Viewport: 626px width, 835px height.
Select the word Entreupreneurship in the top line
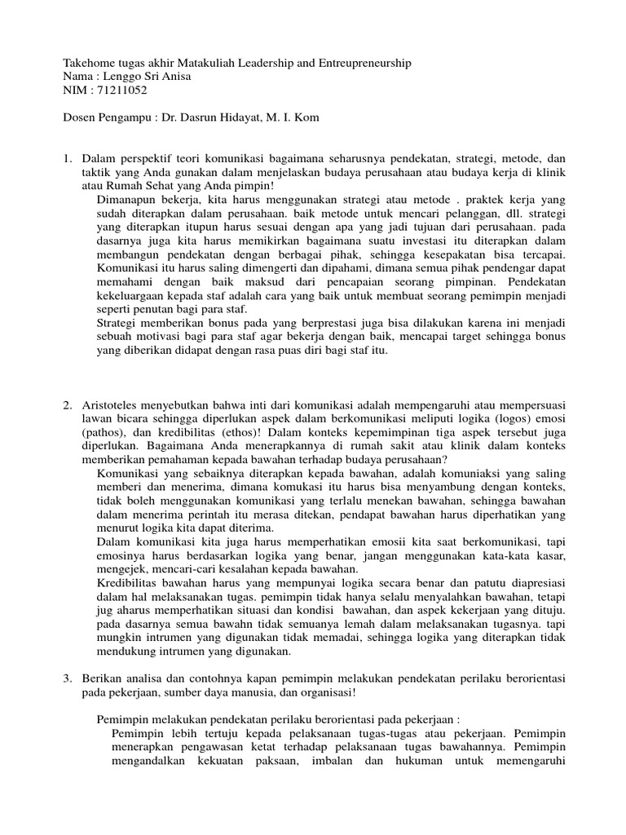[x=361, y=63]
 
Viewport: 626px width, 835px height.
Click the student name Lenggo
[x=121, y=77]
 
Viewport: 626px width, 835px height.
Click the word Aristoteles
[x=114, y=405]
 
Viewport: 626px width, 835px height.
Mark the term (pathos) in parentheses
[x=104, y=433]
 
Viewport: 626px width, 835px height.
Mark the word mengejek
[x=121, y=569]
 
